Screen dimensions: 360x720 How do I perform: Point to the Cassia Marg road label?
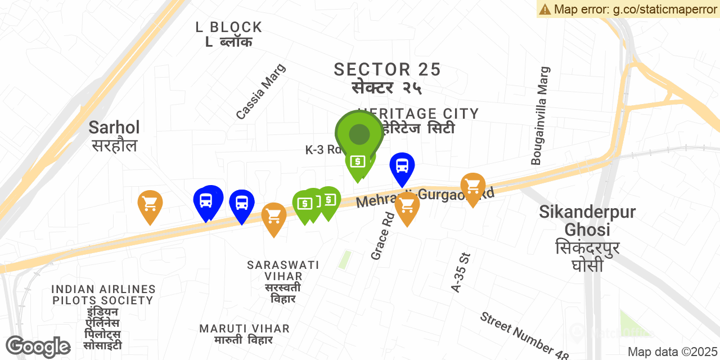[261, 92]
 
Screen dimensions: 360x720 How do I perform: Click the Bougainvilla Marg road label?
[541, 116]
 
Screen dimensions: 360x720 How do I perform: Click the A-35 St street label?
[461, 272]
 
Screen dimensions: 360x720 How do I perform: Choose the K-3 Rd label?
[323, 150]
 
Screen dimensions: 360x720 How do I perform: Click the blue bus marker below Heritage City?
[402, 166]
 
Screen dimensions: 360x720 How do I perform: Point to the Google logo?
[38, 346]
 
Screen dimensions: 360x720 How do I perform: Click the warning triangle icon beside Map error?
[544, 9]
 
